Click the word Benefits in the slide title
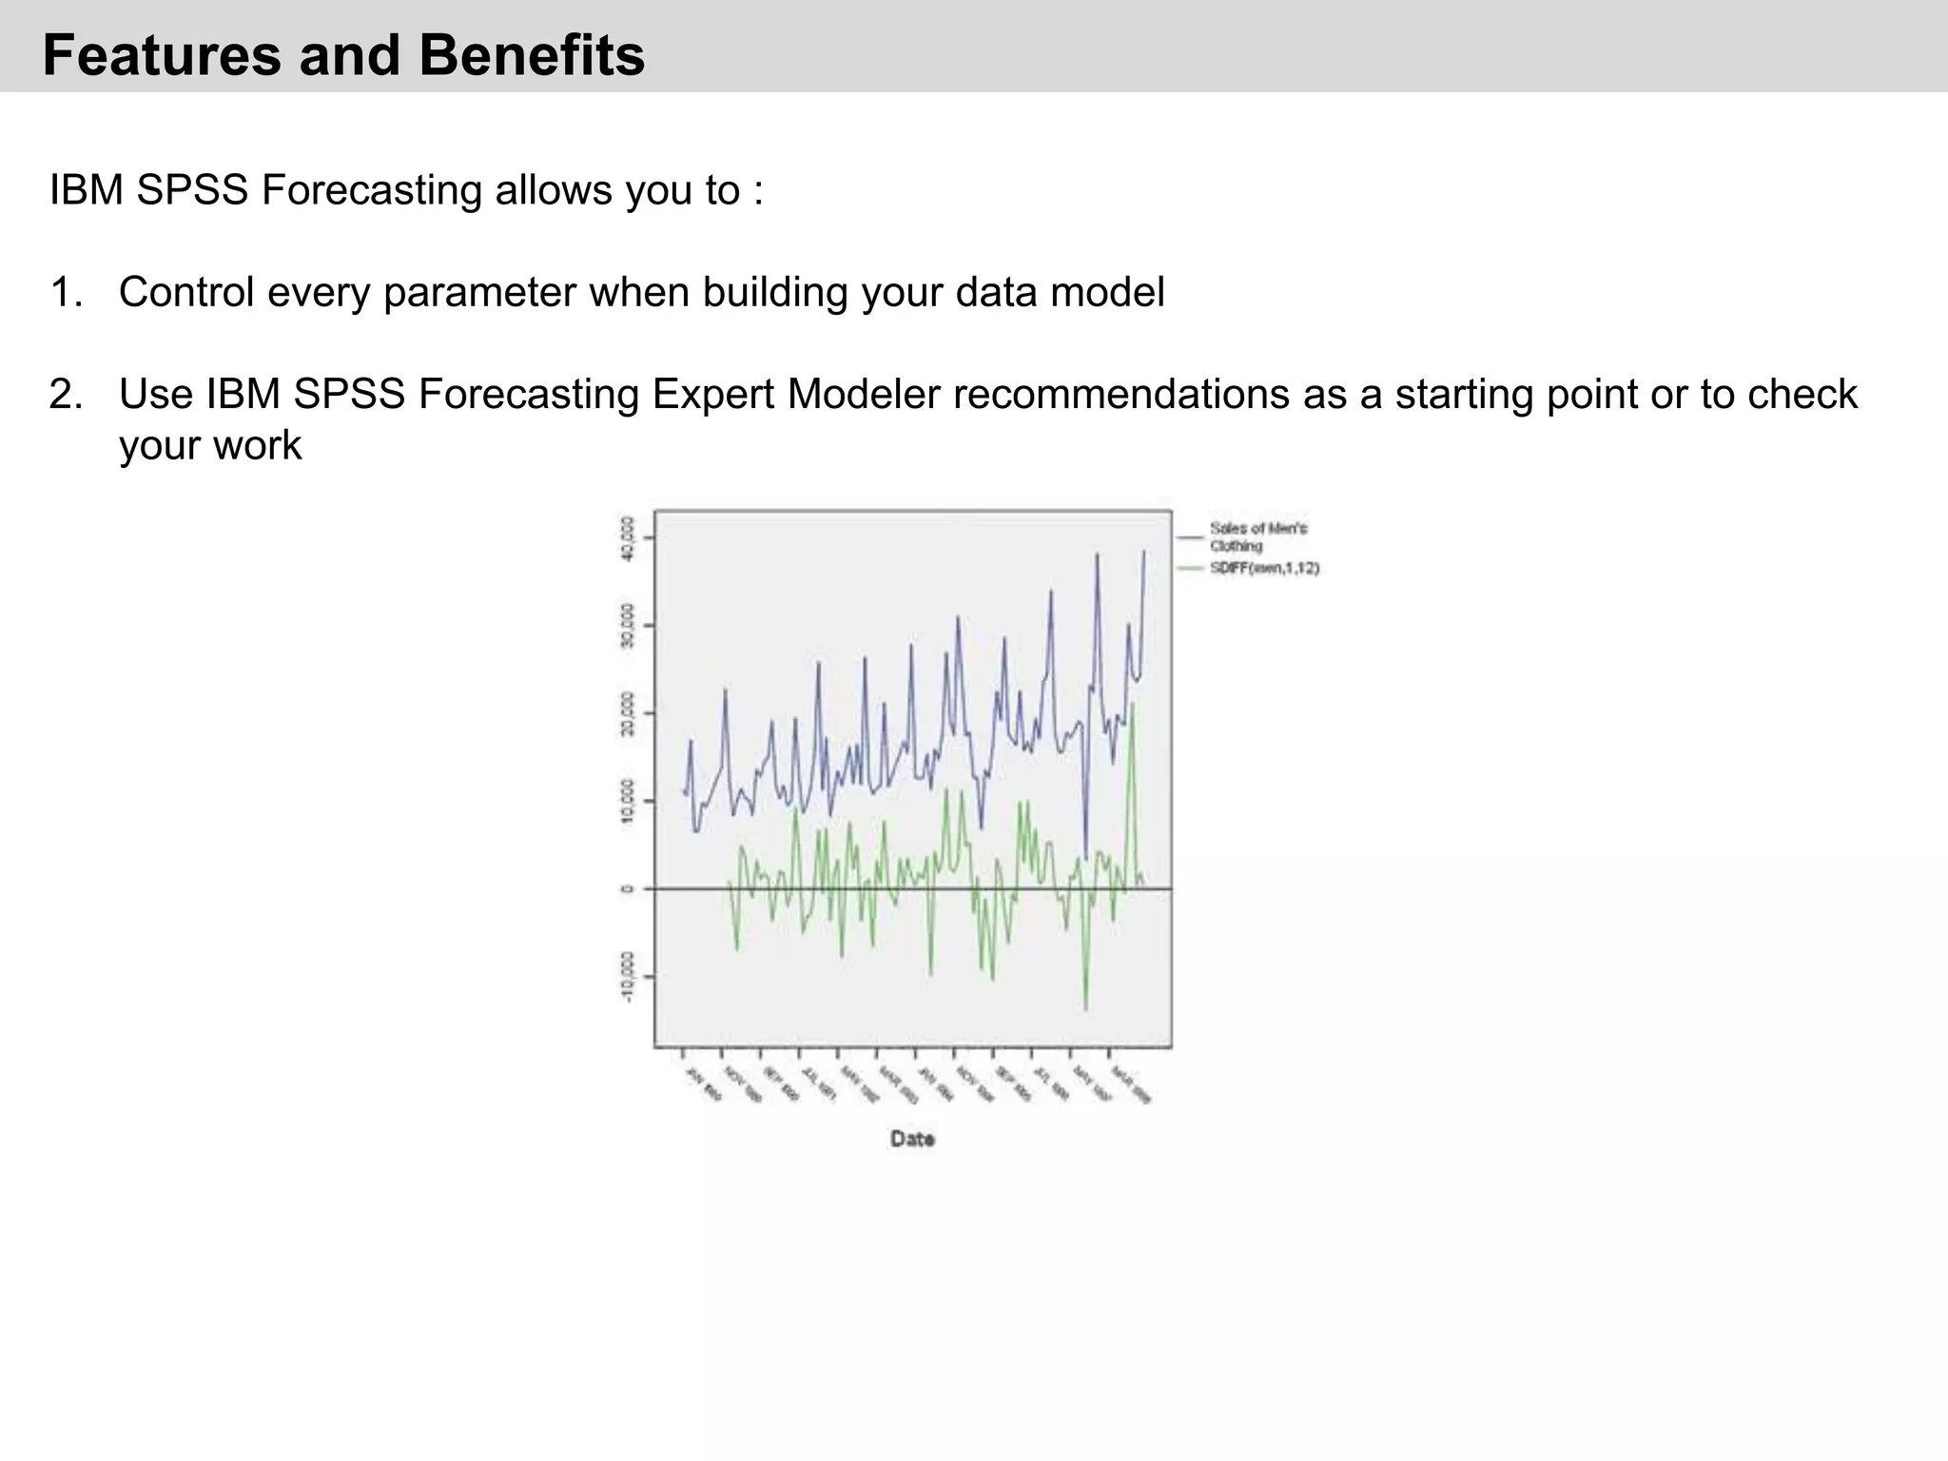pos(531,55)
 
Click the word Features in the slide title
pos(162,55)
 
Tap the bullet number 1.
pos(66,292)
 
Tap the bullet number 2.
pos(66,394)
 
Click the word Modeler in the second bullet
pos(863,394)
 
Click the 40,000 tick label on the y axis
pos(626,538)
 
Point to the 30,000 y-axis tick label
pos(626,626)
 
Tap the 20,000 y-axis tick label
pos(626,713)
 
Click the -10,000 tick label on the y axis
pos(626,976)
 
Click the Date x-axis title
pos(912,1139)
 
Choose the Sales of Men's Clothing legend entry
pos(1257,536)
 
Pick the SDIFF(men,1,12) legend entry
pos(1263,568)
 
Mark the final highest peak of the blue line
pos(1143,552)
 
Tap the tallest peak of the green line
pos(1132,705)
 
